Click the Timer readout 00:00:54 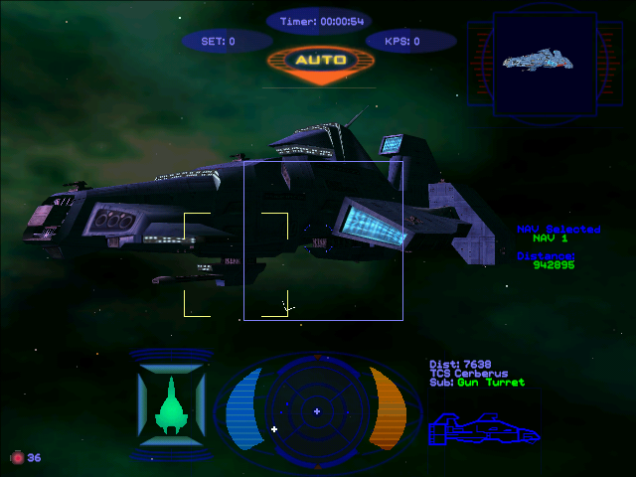(317, 21)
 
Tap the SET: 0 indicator (219, 42)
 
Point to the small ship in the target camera (541, 60)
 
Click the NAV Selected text (558, 229)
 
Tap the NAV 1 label (550, 238)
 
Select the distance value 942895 (554, 265)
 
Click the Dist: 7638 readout (459, 365)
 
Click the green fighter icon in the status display (172, 405)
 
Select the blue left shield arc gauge (242, 408)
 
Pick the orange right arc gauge (390, 408)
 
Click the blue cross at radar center (317, 410)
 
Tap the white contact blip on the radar (274, 429)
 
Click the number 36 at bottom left (34, 458)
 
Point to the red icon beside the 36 (16, 458)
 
